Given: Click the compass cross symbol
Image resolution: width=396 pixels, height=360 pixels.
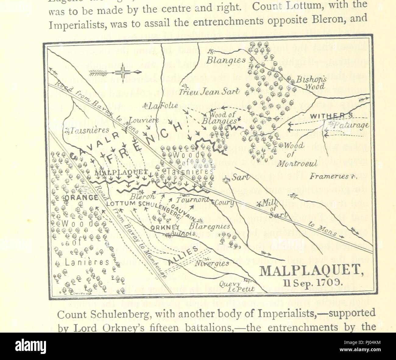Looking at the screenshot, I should pyautogui.click(x=123, y=72).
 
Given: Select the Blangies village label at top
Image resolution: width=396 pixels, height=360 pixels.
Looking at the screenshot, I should pyautogui.click(x=225, y=60).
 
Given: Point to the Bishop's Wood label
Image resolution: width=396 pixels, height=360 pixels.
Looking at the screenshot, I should pyautogui.click(x=308, y=82).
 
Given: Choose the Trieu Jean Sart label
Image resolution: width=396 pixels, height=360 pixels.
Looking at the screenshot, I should pyautogui.click(x=214, y=92).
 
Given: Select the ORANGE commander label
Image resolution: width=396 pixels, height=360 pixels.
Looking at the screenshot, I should pyautogui.click(x=81, y=197).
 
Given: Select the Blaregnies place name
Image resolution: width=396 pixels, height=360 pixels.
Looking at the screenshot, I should pyautogui.click(x=209, y=227).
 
